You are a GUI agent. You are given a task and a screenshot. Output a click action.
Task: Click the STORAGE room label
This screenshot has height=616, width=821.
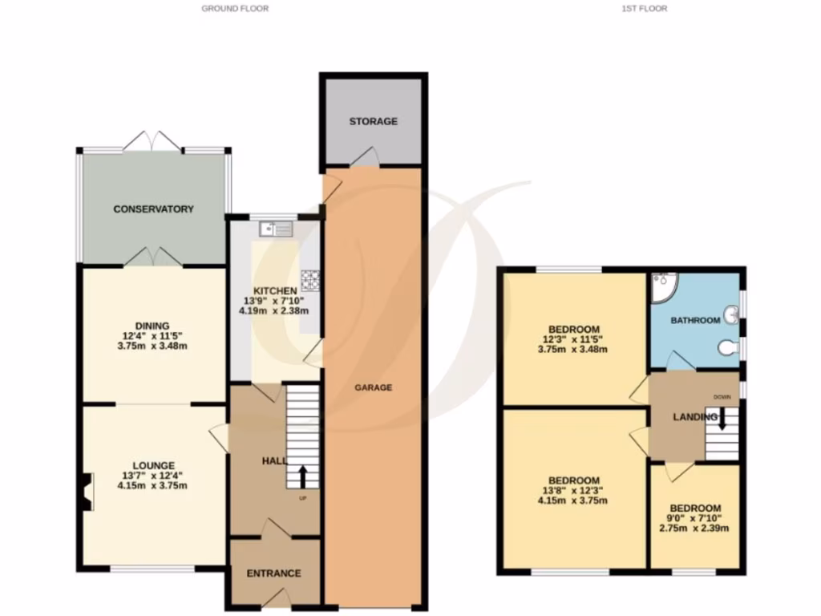373,121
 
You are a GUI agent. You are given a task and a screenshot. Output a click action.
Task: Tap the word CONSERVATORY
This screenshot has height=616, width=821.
153,209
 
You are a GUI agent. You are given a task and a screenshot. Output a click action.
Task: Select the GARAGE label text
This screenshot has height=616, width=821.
374,387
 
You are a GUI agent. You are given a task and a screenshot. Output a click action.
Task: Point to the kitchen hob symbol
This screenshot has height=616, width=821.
310,279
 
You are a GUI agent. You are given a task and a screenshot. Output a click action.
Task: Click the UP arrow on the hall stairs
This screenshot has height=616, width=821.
302,476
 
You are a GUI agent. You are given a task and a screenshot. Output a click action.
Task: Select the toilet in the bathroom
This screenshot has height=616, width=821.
728,347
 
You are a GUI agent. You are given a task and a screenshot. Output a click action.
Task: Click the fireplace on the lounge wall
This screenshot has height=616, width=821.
87,491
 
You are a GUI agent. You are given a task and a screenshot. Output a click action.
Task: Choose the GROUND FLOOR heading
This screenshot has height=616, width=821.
235,9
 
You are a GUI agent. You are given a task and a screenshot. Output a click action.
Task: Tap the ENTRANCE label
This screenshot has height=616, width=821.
273,573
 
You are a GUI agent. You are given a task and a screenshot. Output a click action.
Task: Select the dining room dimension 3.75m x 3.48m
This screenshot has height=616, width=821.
152,346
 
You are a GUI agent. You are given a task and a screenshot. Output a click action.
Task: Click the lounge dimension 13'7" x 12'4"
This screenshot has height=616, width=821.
154,475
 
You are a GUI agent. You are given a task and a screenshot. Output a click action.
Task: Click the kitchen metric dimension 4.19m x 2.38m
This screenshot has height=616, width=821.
276,310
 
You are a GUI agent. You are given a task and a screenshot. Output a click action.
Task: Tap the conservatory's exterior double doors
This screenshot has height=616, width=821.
152,141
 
